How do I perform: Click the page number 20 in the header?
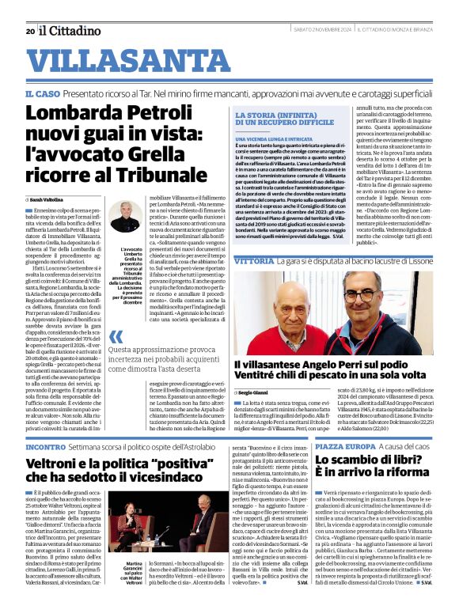click(x=29, y=31)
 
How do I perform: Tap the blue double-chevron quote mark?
click(x=116, y=339)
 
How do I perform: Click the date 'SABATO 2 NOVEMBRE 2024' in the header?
click(x=323, y=31)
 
